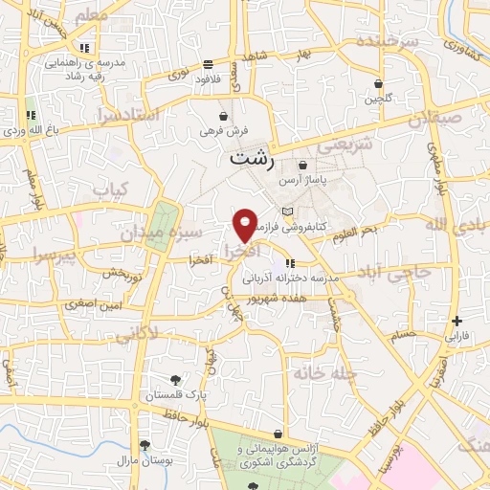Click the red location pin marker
[x=245, y=224]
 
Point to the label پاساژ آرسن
[x=302, y=179]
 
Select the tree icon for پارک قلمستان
[x=173, y=380]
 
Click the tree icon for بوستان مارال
[x=145, y=445]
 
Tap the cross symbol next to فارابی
[x=457, y=321]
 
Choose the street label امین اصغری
[x=95, y=302]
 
